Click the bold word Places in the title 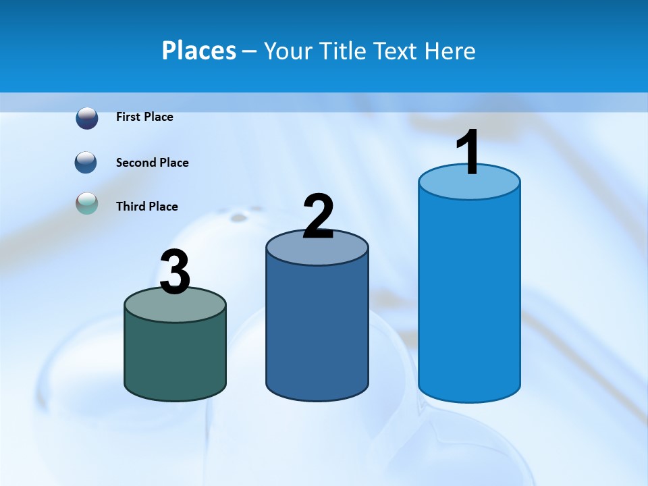pos(199,51)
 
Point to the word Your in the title pos(288,51)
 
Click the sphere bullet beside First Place pos(87,117)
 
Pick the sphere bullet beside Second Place pos(87,163)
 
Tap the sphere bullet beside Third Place pos(87,203)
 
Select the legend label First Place pos(144,117)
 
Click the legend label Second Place pos(152,163)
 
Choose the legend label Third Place pos(146,207)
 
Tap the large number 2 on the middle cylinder pos(318,217)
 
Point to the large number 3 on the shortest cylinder pos(175,273)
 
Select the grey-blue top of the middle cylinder pos(317,251)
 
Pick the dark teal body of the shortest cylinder pos(175,358)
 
